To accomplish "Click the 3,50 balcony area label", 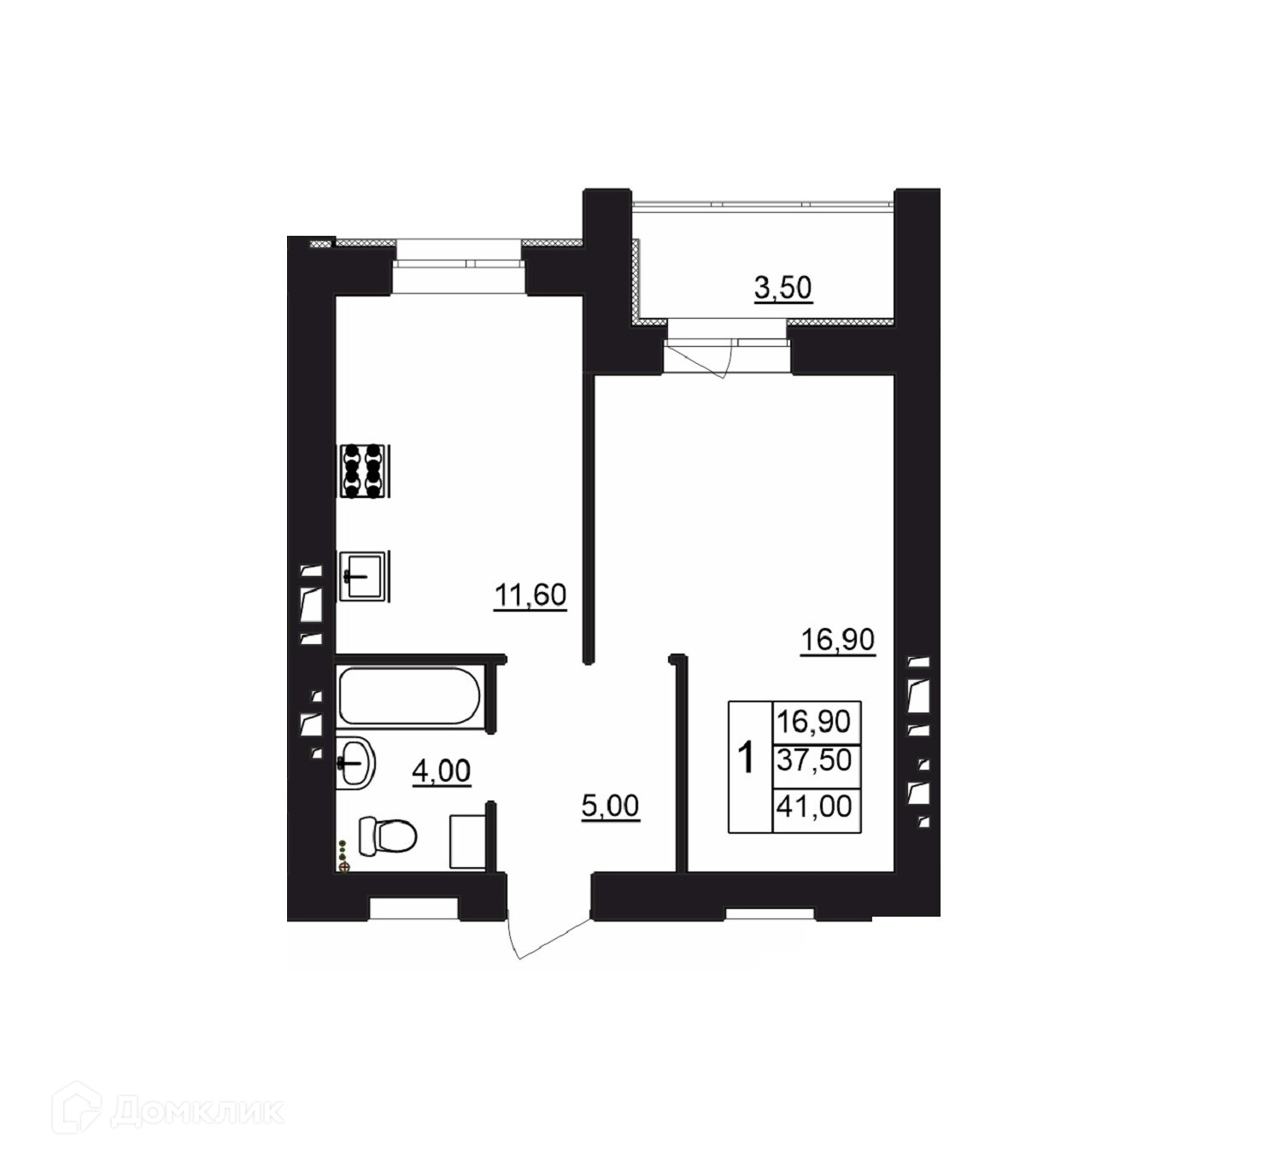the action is pos(783,288).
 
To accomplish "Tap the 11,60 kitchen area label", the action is pos(530,595).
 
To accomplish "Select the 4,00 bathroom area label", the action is pos(441,771).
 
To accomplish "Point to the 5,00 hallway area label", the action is pos(610,806).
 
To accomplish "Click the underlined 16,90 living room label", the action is pos(837,640).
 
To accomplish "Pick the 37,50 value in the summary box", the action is pos(814,759).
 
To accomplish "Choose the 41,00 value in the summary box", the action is pos(814,806).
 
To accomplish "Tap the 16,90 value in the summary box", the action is pos(814,722).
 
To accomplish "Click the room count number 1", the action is pos(746,758).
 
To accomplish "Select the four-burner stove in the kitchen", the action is pos(363,471).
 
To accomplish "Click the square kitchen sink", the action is pos(363,576).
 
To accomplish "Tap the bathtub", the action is pos(409,695).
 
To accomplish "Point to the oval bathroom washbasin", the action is pos(355,763).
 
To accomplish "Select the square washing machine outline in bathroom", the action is pos(468,841).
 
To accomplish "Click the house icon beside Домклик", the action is pos(76,1110).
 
